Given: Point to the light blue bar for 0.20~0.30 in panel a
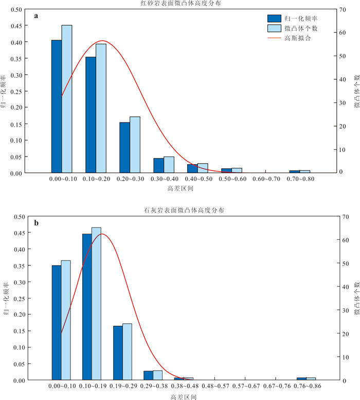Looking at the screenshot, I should tap(135, 145).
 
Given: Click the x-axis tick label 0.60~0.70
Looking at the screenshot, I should tap(266, 179).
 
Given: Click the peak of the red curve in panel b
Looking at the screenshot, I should tap(101, 234).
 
